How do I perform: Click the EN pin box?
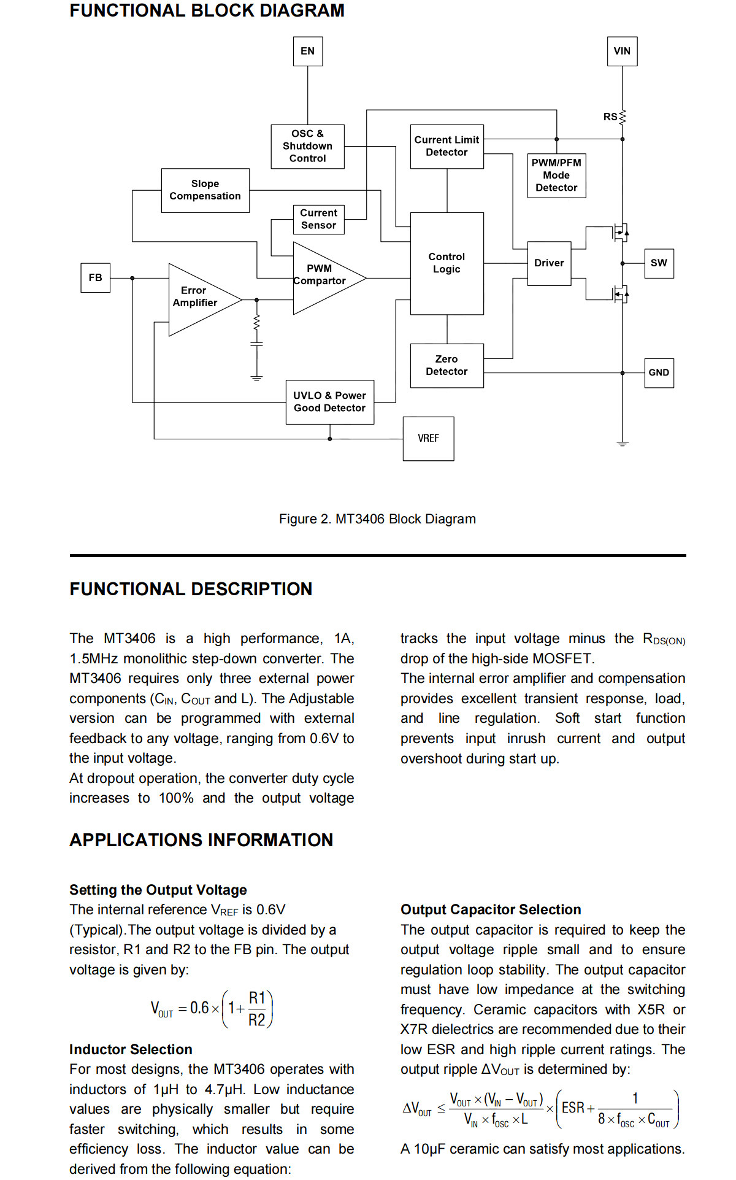pyautogui.click(x=307, y=51)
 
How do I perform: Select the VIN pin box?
pyautogui.click(x=622, y=51)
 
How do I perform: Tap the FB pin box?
pyautogui.click(x=95, y=277)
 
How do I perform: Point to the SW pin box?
pyautogui.click(x=659, y=263)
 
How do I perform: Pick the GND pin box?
pyautogui.click(x=659, y=372)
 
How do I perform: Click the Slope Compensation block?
pyautogui.click(x=205, y=190)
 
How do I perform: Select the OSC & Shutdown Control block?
pyautogui.click(x=307, y=146)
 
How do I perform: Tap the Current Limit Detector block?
pyautogui.click(x=447, y=146)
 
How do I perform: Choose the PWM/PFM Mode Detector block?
pyautogui.click(x=556, y=175)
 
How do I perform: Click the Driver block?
pyautogui.click(x=549, y=263)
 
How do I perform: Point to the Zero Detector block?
pyautogui.click(x=447, y=365)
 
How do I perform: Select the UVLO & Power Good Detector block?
pyautogui.click(x=329, y=402)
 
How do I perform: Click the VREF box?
pyautogui.click(x=428, y=438)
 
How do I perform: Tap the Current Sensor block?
pyautogui.click(x=318, y=219)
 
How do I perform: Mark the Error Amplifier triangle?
pyautogui.click(x=202, y=300)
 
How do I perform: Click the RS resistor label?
pyautogui.click(x=610, y=117)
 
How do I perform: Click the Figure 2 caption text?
pyautogui.click(x=377, y=519)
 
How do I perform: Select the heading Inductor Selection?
pyautogui.click(x=131, y=1049)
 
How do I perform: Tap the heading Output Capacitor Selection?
pyautogui.click(x=491, y=909)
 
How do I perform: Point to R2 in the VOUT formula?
pyautogui.click(x=256, y=1020)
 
